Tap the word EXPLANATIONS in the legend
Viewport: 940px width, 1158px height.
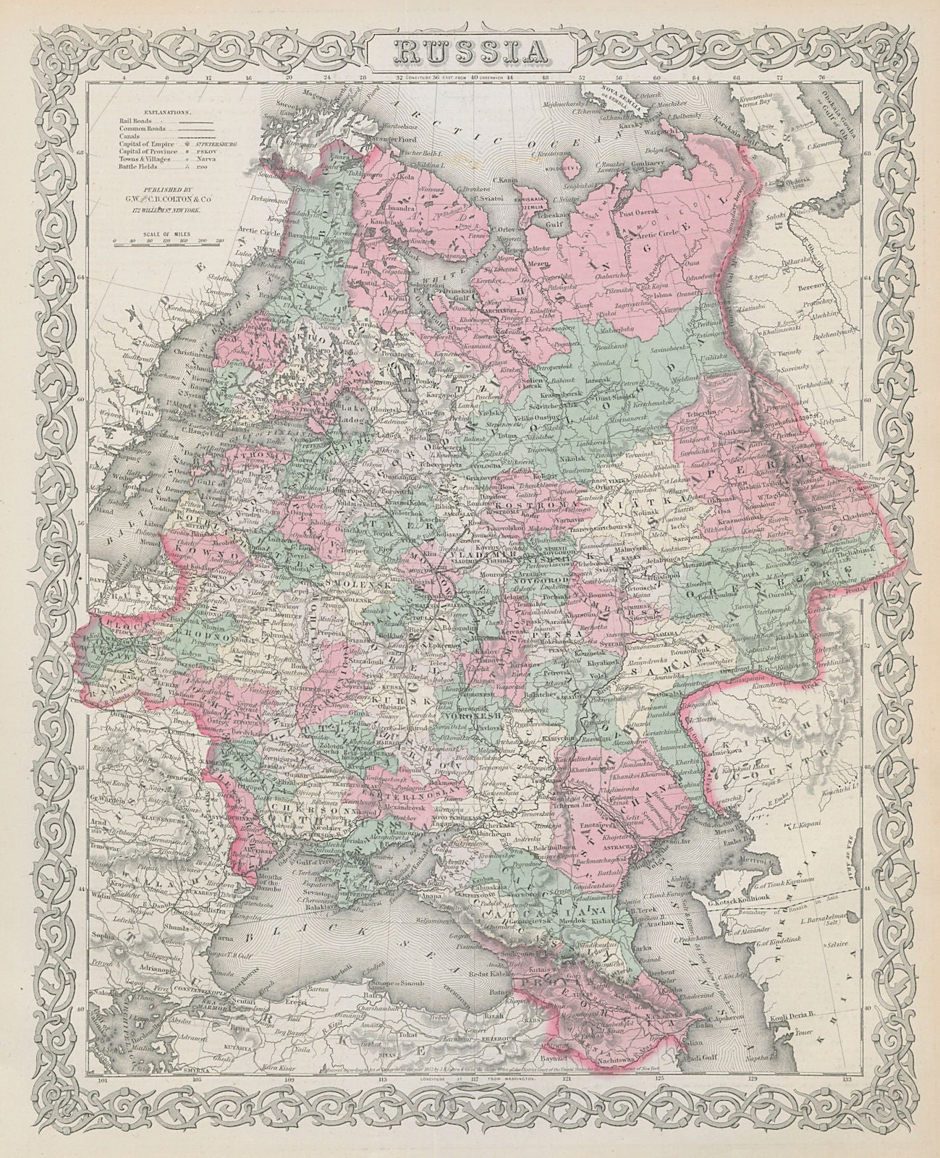166,114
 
